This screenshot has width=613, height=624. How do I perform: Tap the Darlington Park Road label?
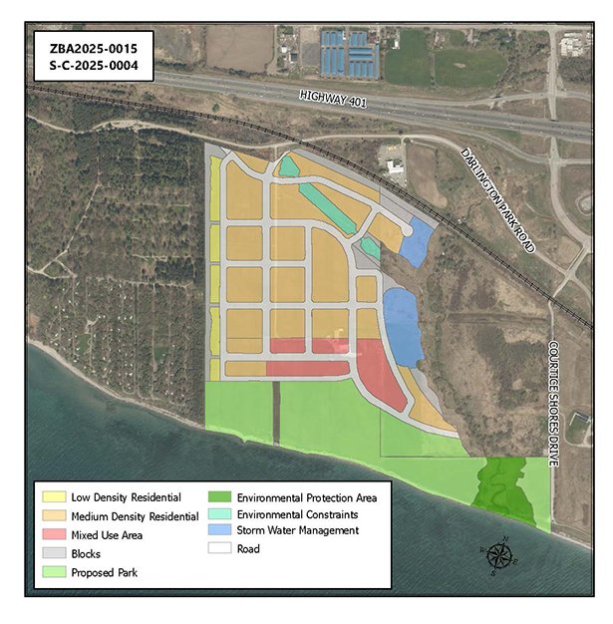tap(498, 199)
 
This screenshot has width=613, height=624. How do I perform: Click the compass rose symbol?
tap(496, 556)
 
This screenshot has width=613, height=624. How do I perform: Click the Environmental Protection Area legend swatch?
tap(220, 496)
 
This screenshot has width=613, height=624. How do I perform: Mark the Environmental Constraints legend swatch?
tap(220, 514)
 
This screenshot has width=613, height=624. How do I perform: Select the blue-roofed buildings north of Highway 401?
tap(348, 54)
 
